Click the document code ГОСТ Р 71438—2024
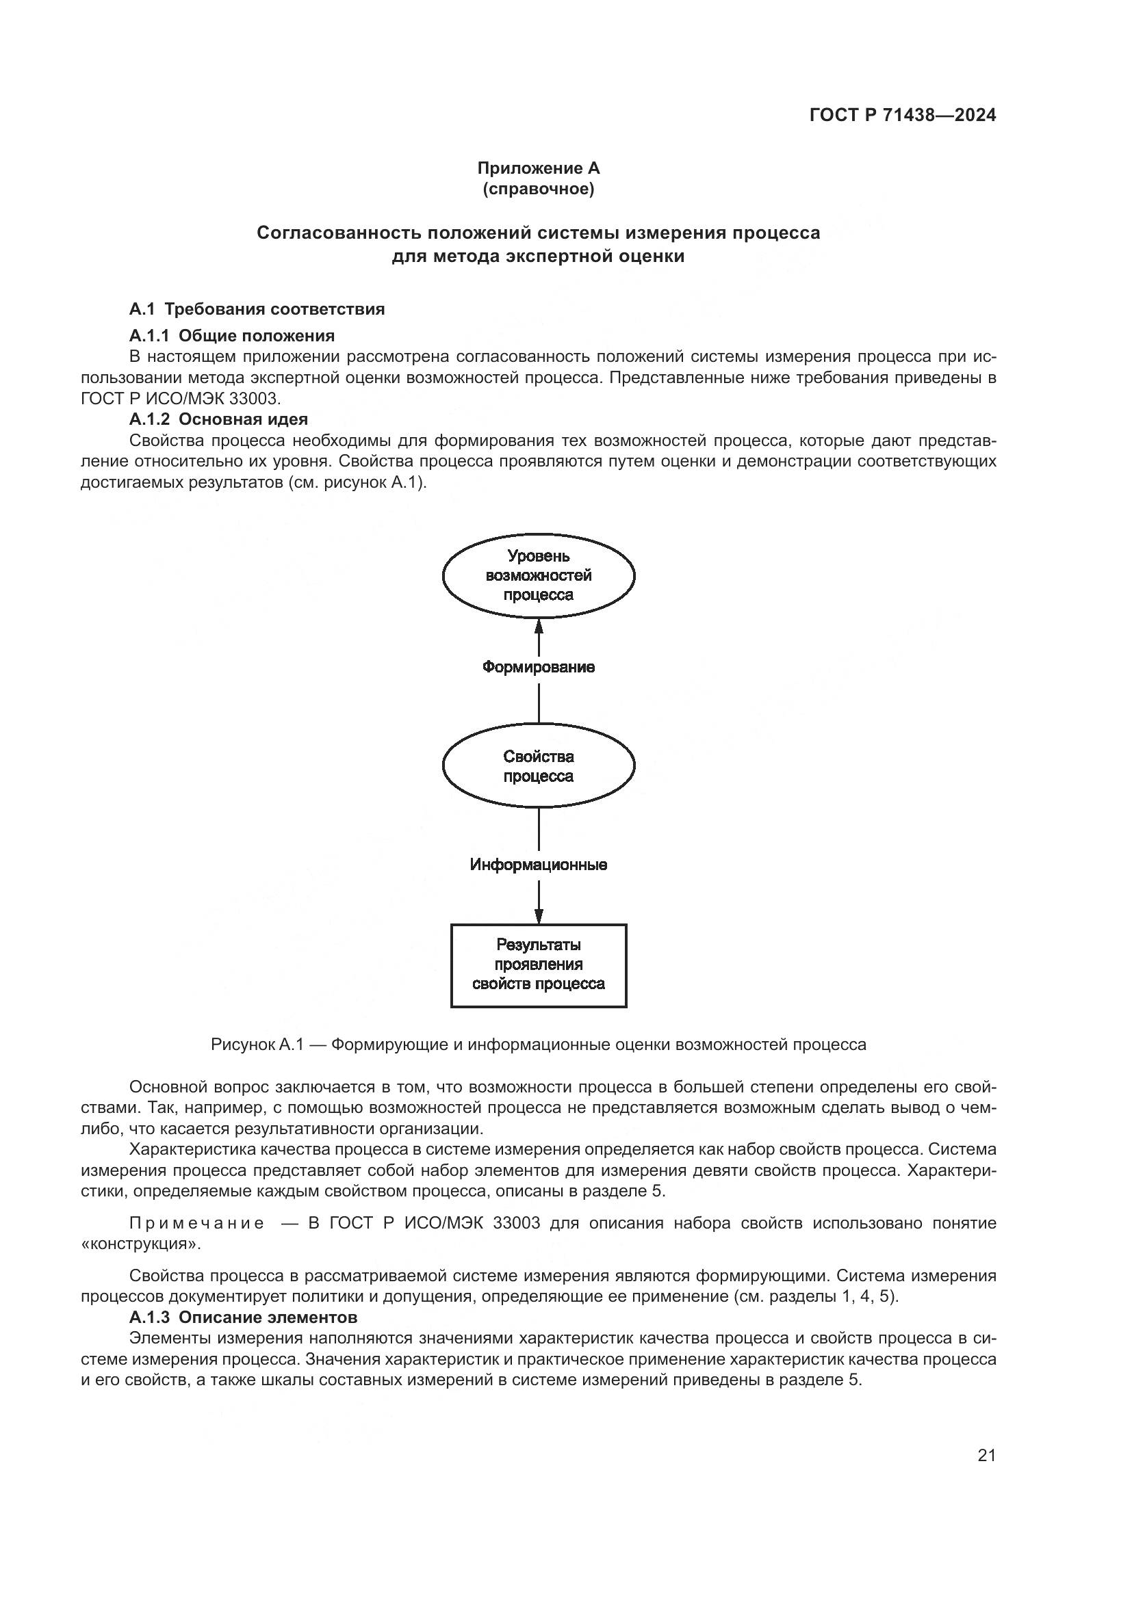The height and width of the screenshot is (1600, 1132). (x=902, y=116)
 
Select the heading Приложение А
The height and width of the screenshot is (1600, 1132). (x=538, y=168)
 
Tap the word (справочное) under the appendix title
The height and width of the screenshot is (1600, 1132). (x=538, y=189)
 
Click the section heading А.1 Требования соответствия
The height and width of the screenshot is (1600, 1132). (x=257, y=309)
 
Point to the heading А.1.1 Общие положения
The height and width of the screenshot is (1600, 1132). (x=231, y=336)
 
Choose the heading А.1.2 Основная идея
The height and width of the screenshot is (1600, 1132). (x=218, y=419)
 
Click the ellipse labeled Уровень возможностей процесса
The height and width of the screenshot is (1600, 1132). (x=538, y=575)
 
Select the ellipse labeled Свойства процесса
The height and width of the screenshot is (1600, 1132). (x=538, y=766)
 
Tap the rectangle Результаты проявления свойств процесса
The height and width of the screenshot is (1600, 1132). (x=538, y=965)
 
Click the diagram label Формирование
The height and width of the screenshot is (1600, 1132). (x=538, y=668)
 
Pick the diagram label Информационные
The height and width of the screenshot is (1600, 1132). (x=538, y=865)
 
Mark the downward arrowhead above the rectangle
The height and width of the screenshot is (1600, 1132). (x=538, y=915)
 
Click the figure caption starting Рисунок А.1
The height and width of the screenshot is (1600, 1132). (x=538, y=1045)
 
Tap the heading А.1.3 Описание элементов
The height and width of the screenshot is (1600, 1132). (x=242, y=1317)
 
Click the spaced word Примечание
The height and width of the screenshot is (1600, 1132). (x=196, y=1223)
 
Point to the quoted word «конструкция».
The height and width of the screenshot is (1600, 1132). (x=141, y=1244)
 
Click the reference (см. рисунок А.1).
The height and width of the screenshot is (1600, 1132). (x=356, y=482)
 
